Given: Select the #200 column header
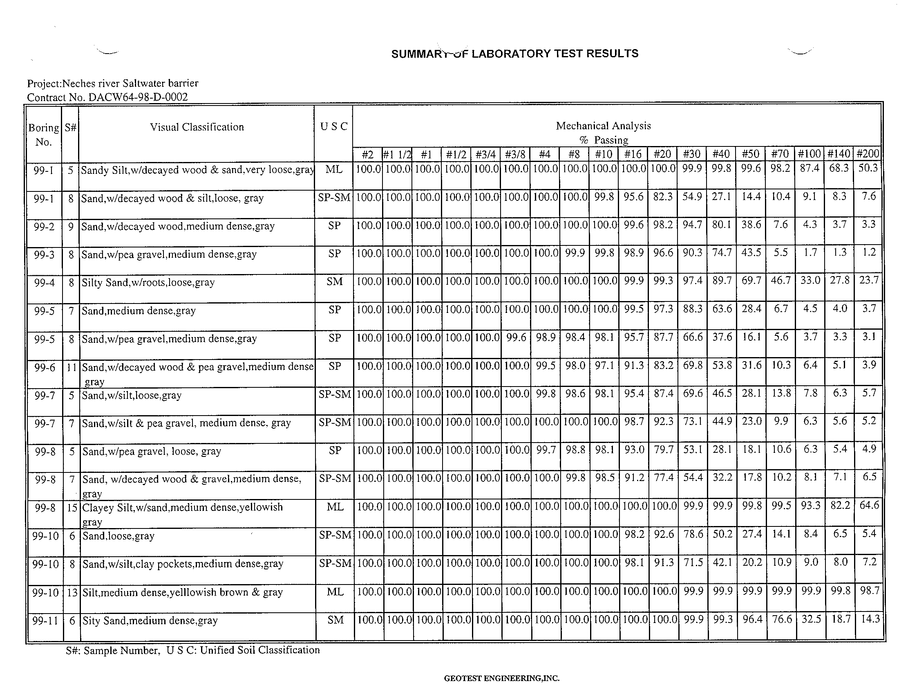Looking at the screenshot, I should point(868,154).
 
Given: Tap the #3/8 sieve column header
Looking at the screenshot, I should point(515,155).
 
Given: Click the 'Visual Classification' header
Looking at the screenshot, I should point(197,127).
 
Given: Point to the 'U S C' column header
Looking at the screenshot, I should point(333,126).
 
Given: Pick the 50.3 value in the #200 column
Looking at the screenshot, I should point(868,168).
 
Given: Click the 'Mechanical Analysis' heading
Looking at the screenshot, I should point(603,126).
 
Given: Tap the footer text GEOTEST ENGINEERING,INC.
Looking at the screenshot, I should point(501,678).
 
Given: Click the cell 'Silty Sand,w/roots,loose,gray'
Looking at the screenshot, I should point(148,283).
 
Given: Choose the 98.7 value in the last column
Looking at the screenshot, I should point(869,591).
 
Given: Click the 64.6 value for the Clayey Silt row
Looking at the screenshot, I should point(869,505).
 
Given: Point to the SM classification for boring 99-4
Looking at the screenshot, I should point(334,282).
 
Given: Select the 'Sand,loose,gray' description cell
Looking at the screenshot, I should point(119,536).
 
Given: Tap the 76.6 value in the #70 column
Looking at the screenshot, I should point(781,619).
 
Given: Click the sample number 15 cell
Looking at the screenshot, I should point(72,508).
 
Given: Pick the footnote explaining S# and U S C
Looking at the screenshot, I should point(192,650).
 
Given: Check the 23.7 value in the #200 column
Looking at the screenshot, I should point(869,280).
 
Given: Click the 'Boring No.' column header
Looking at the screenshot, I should point(43,135).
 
